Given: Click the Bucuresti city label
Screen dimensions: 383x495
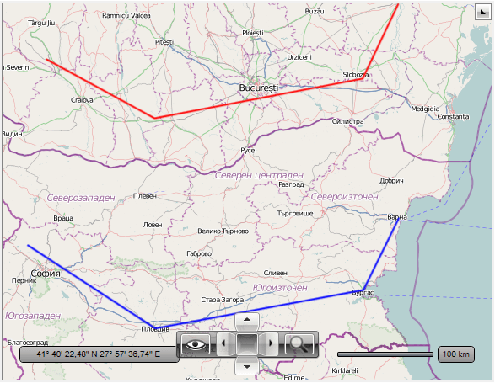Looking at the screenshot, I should point(258,88).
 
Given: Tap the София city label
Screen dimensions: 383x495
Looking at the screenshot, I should point(46,273).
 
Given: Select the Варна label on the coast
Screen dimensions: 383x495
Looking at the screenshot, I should point(396,217).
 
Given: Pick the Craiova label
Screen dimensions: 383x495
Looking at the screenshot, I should point(82,99).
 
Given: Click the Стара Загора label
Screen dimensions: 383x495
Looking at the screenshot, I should point(223,299).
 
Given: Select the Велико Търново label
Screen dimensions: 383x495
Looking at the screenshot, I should point(222,231).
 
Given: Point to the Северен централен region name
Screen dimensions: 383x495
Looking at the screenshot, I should point(259,175).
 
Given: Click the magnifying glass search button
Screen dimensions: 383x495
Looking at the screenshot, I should point(299,343).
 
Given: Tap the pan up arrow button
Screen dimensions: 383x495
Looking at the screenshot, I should point(245,319).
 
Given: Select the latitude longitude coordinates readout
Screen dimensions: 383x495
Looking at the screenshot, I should point(99,354).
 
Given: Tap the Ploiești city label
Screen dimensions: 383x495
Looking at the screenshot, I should point(253,33).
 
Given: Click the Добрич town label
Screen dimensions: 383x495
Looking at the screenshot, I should point(392,180).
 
